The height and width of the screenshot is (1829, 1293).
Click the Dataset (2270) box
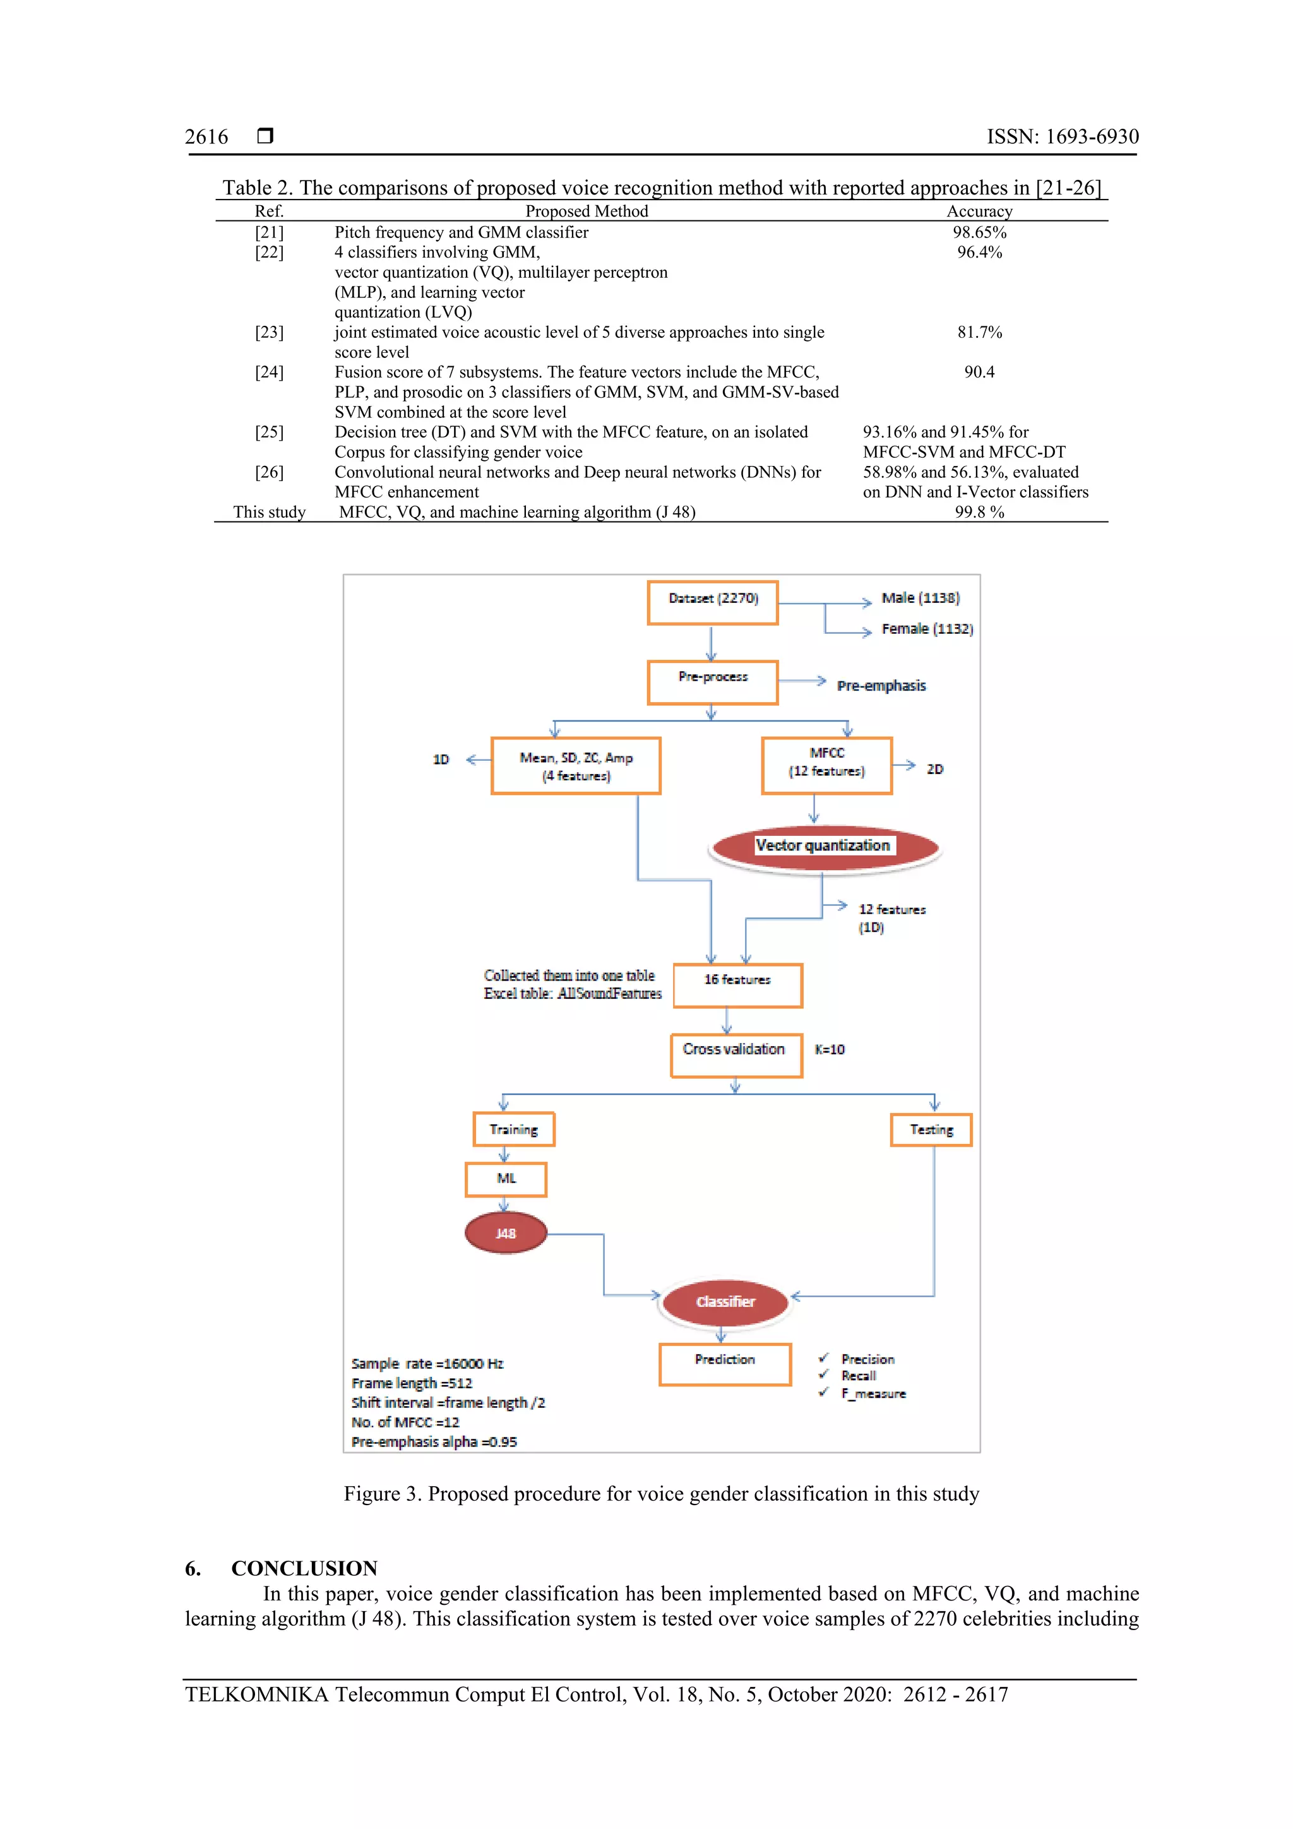pyautogui.click(x=712, y=602)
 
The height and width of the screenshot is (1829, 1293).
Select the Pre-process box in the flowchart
pyautogui.click(x=712, y=682)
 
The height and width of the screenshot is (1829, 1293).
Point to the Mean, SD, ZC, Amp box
pyautogui.click(x=575, y=766)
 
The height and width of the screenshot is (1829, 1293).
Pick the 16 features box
pyautogui.click(x=737, y=985)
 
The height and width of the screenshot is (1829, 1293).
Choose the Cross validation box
pyautogui.click(x=736, y=1055)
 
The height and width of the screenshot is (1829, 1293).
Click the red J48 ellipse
pyautogui.click(x=505, y=1233)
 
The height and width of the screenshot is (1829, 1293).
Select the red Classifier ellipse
pyautogui.click(x=725, y=1302)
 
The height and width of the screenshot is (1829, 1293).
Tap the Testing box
pyautogui.click(x=931, y=1129)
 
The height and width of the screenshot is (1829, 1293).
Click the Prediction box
pyautogui.click(x=724, y=1364)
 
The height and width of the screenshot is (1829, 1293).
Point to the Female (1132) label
pyautogui.click(x=927, y=629)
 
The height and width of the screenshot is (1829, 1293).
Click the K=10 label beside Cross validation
pyautogui.click(x=830, y=1050)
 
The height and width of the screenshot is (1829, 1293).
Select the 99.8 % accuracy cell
pyautogui.click(x=979, y=512)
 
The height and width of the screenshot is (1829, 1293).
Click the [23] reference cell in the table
pyautogui.click(x=270, y=332)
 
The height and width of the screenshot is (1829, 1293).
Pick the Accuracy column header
pyautogui.click(x=979, y=211)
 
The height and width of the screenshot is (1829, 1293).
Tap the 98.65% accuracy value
pyautogui.click(x=979, y=232)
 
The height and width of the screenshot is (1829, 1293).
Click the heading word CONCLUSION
pyautogui.click(x=304, y=1568)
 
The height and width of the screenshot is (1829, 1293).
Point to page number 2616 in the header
pyautogui.click(x=206, y=137)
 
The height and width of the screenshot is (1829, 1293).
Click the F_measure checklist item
pyautogui.click(x=873, y=1393)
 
